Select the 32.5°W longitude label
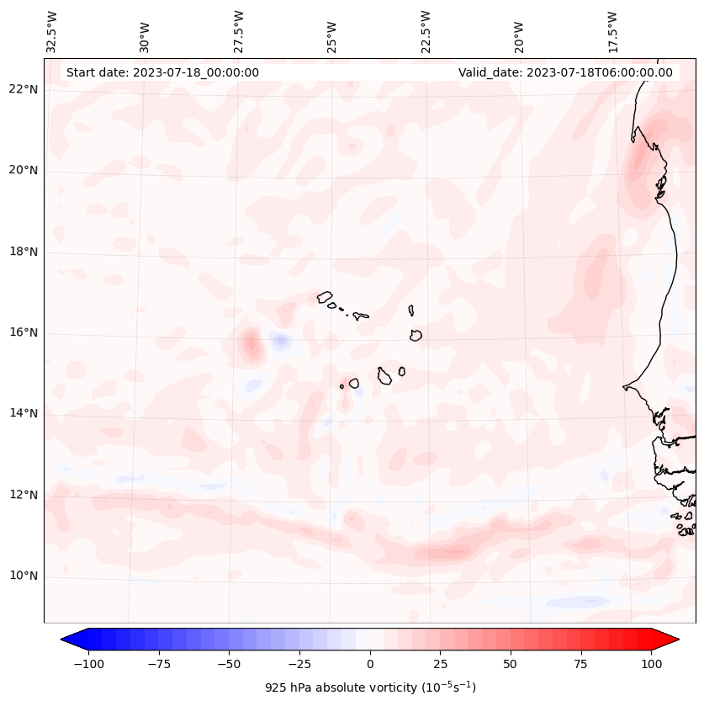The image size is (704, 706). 52,31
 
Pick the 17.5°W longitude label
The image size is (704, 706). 612,31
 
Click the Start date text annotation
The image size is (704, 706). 162,72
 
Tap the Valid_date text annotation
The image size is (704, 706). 565,72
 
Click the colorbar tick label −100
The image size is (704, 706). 88,664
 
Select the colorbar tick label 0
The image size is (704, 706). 370,664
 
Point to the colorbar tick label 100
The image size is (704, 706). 651,664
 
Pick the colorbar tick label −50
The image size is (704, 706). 229,664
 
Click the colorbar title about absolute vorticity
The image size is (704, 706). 370,687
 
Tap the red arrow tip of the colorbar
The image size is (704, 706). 670,640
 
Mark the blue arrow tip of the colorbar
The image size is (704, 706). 71,640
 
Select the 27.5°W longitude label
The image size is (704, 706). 239,31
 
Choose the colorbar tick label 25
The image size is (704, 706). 441,664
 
